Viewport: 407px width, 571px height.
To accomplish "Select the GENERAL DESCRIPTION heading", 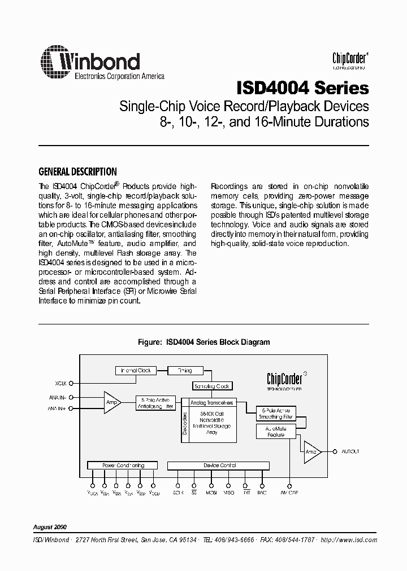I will coord(77,172).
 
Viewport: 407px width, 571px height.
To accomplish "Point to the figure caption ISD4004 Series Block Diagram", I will coord(204,342).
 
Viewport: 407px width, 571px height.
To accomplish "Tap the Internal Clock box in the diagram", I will coord(136,371).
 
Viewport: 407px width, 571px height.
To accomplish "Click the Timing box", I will coord(185,371).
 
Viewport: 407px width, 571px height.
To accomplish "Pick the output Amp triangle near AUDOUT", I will coord(311,451).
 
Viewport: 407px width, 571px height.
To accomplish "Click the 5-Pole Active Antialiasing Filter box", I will coord(155,404).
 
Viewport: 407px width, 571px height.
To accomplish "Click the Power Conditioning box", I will coord(123,465).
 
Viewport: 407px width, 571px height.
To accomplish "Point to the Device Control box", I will coord(219,465).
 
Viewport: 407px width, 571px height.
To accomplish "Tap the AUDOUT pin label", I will coord(350,451).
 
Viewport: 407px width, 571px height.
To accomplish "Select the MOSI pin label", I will coord(212,493).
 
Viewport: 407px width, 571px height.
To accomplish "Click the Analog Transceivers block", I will coord(213,403).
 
